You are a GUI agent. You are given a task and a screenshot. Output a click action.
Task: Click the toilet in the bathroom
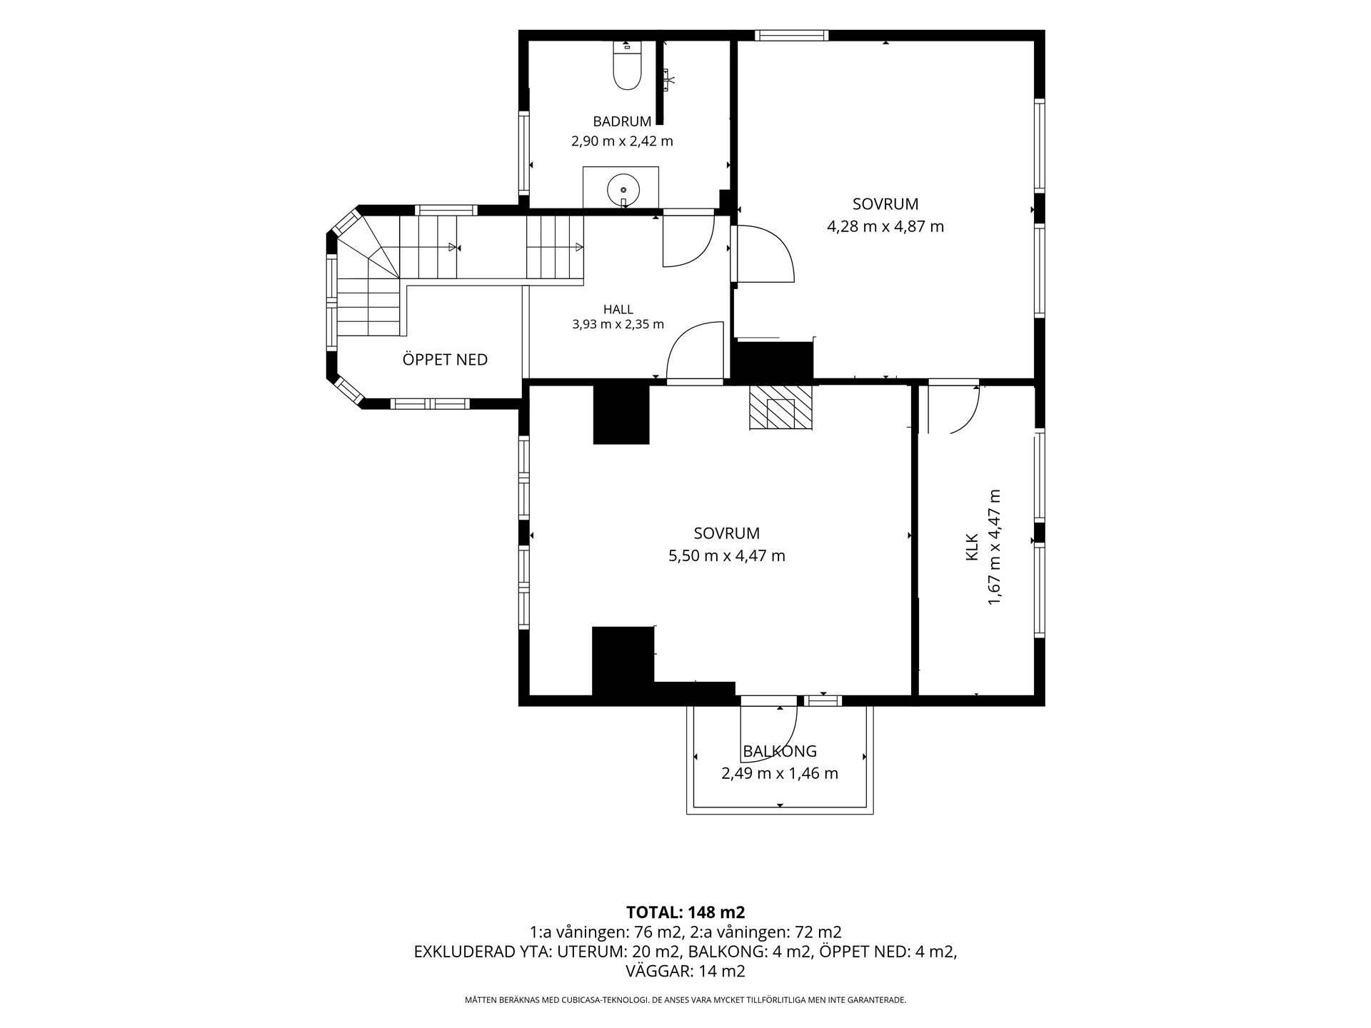(x=628, y=66)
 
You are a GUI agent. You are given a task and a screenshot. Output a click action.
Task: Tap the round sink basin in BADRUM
(x=623, y=190)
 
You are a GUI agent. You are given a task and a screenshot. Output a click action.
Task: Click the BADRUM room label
(x=622, y=121)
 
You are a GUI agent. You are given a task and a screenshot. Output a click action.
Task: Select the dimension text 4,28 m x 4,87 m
(x=885, y=227)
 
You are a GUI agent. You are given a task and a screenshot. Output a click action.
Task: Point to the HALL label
(x=618, y=309)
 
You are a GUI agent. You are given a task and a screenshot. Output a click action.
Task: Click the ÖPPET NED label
(x=445, y=359)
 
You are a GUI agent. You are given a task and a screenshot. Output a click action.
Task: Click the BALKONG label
(x=780, y=751)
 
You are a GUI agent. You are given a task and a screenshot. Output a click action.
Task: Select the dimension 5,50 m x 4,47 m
(x=727, y=556)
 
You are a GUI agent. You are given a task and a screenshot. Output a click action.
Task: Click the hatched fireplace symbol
(x=780, y=408)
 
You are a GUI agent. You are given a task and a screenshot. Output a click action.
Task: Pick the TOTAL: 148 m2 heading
(x=685, y=912)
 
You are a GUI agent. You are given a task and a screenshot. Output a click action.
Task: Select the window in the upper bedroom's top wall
(x=791, y=35)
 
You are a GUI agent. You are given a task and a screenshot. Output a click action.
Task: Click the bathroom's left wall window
(x=523, y=153)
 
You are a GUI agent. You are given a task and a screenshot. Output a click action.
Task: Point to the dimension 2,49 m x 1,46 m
(x=780, y=774)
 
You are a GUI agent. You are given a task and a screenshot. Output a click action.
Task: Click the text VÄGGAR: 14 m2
(x=685, y=971)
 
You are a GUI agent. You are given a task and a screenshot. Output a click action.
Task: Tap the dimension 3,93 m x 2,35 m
(x=618, y=325)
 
